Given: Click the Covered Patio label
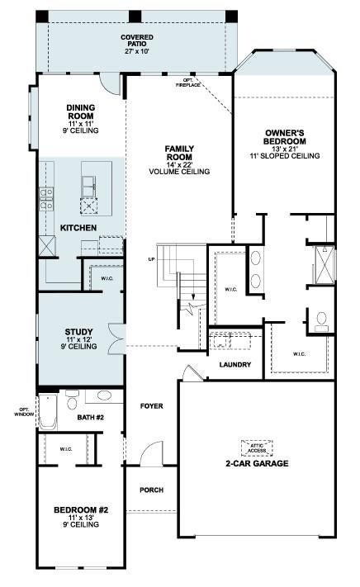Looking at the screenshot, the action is click(137, 40).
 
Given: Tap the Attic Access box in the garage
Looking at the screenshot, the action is click(257, 448).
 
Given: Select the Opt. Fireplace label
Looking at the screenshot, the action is click(188, 83).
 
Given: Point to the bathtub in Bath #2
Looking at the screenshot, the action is click(48, 411).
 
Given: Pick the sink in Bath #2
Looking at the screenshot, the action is click(104, 395).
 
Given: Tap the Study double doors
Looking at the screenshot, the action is click(116, 338).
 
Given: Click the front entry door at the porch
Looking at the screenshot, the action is click(152, 453).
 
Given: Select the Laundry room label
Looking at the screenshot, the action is click(235, 365).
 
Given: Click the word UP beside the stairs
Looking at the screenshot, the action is click(151, 259).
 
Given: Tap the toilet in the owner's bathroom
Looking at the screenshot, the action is click(321, 322).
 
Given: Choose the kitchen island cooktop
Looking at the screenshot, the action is click(89, 206).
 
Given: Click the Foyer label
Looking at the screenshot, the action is click(152, 406).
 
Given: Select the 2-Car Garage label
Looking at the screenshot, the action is click(257, 463).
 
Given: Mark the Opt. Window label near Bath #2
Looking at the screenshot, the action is click(24, 412).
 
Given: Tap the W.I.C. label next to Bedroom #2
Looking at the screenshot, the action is click(66, 449).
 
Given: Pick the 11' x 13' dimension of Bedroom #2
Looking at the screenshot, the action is click(81, 517).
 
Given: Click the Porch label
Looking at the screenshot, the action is click(152, 490).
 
